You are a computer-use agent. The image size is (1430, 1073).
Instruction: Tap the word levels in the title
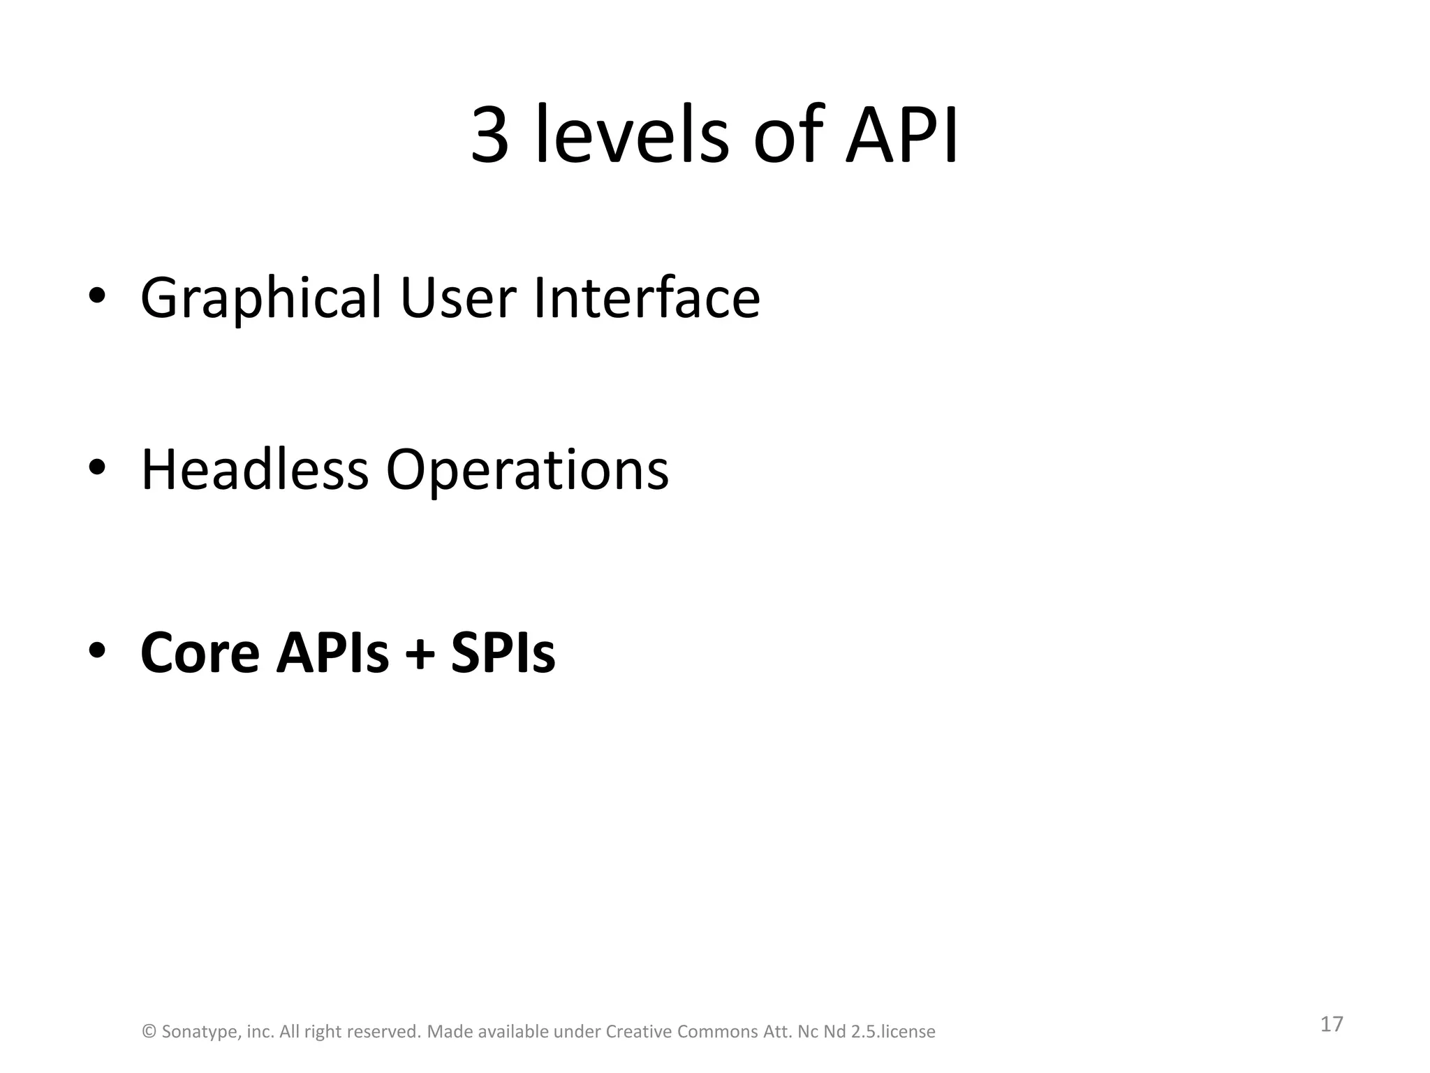click(632, 135)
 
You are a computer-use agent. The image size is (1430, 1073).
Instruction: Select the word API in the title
click(902, 135)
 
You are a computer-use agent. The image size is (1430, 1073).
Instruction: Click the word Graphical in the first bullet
click(261, 298)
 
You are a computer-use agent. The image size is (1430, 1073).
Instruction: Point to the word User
click(458, 298)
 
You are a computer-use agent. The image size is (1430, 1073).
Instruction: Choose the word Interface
click(647, 298)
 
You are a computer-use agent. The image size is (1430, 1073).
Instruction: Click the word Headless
click(254, 469)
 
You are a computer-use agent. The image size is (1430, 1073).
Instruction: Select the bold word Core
click(200, 653)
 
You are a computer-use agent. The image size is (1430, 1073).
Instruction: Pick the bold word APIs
click(332, 653)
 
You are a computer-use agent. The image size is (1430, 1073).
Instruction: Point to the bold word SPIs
click(503, 653)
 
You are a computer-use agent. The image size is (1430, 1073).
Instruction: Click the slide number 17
click(1332, 1024)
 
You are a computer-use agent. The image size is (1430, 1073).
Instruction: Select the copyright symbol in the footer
click(149, 1032)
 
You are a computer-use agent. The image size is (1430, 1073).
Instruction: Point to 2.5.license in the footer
click(893, 1032)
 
